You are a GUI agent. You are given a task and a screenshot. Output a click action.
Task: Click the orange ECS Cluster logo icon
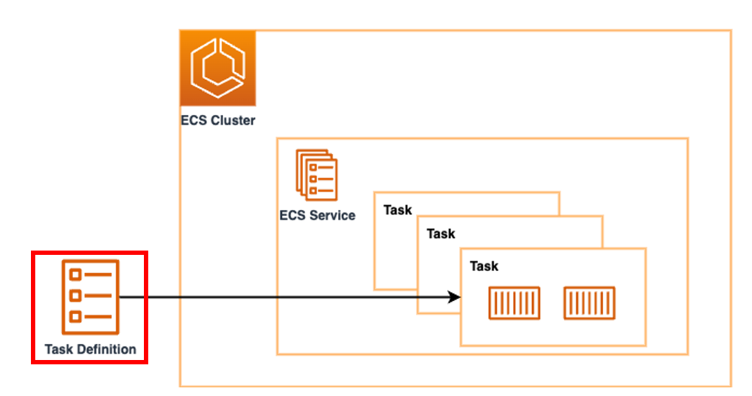click(x=217, y=68)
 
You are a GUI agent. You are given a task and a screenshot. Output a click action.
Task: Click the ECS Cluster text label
click(x=217, y=120)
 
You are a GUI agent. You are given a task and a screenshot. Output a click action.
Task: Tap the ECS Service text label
click(x=317, y=215)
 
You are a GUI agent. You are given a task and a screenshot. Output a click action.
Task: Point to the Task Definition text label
click(x=90, y=349)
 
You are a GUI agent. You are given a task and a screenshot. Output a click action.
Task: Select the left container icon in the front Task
click(x=514, y=303)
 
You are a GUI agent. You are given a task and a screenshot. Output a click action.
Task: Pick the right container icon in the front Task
click(x=589, y=303)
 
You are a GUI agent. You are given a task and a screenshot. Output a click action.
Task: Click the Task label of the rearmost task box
click(x=397, y=210)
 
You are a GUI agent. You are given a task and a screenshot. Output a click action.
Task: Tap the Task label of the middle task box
click(x=440, y=233)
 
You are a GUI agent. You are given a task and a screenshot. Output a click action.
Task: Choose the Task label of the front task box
click(x=484, y=266)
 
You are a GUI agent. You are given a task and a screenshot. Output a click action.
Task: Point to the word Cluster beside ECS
click(x=232, y=120)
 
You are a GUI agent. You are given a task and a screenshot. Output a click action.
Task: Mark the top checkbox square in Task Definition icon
click(x=74, y=274)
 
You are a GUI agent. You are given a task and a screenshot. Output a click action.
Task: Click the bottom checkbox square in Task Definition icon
click(x=74, y=317)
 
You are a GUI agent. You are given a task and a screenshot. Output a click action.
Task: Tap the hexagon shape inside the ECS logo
click(x=217, y=67)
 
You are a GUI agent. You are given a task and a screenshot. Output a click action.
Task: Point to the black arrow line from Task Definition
click(x=288, y=297)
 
